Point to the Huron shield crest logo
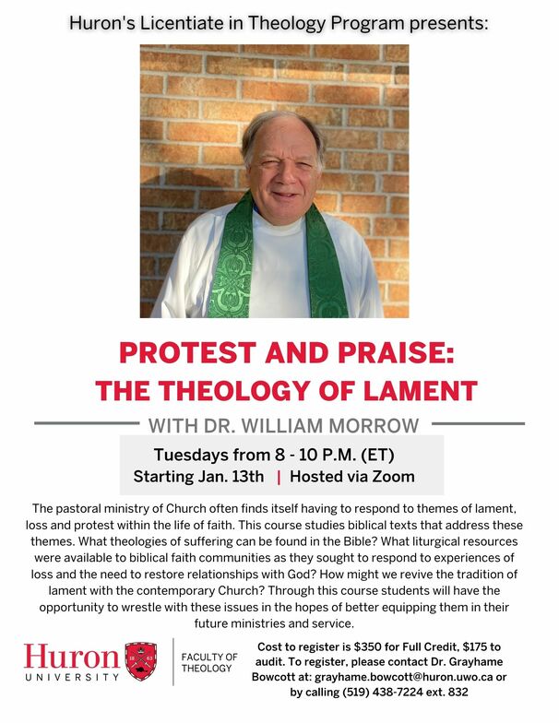(140, 660)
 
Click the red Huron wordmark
(72, 657)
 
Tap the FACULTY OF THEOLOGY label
(209, 662)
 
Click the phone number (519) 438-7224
(379, 692)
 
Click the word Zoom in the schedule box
(394, 477)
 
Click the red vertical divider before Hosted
(279, 477)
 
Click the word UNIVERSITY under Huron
(72, 678)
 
